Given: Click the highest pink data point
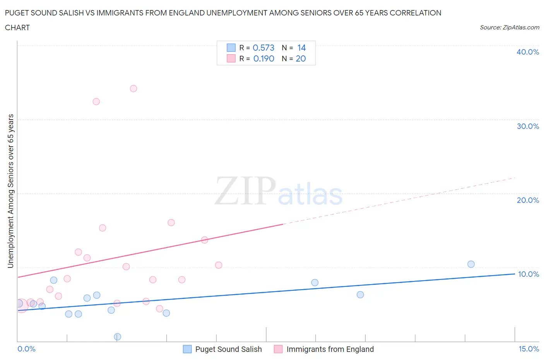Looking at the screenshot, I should point(133,89).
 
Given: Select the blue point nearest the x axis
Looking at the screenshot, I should point(118,337).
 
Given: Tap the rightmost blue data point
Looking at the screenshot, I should point(471,264).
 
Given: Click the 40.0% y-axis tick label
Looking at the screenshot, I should point(528,52).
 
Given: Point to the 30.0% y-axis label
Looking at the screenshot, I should point(528,126).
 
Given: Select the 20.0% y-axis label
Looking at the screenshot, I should point(528,200).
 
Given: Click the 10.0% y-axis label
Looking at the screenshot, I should point(528,274).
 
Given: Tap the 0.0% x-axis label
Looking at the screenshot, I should point(26,349).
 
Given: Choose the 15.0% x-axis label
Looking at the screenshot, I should point(529,349).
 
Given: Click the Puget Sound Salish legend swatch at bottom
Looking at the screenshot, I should point(187,349).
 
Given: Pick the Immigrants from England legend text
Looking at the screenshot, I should point(330,349).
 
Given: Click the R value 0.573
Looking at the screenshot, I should point(263,48).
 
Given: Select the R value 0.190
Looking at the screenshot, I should point(263,58).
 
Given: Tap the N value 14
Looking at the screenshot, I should point(301,48).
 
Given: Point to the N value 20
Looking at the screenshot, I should point(301,58).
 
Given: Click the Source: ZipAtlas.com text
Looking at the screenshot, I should point(509,27).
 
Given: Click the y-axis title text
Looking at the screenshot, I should point(10,191).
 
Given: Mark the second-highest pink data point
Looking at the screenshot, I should point(96,102).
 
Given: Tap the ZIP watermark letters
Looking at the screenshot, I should point(245,191).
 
